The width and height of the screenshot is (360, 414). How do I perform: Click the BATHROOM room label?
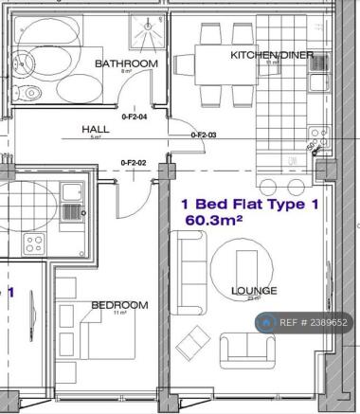(x=125, y=63)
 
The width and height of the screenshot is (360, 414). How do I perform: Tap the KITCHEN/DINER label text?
(x=272, y=55)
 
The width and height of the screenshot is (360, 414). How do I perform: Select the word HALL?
(x=94, y=131)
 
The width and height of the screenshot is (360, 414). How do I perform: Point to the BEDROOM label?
(x=119, y=305)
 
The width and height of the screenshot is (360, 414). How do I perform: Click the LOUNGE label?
(x=254, y=291)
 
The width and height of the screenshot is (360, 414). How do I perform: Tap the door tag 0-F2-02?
(x=134, y=163)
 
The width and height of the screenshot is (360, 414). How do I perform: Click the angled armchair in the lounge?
(x=194, y=339)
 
